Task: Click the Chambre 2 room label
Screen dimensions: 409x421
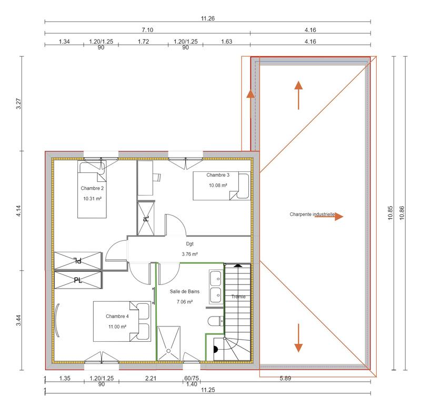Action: click(92, 188)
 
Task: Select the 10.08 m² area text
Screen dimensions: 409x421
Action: click(218, 186)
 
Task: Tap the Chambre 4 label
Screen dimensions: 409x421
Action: click(117, 316)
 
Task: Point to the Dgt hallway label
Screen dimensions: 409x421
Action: click(190, 244)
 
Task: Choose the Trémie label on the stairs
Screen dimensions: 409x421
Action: click(238, 297)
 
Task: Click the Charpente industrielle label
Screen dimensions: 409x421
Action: click(312, 214)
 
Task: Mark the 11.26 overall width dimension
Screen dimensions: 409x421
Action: click(207, 18)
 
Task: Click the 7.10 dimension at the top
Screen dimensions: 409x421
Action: click(147, 30)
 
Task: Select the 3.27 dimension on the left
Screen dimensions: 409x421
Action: click(19, 104)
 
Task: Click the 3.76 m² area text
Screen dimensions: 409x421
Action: click(187, 254)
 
